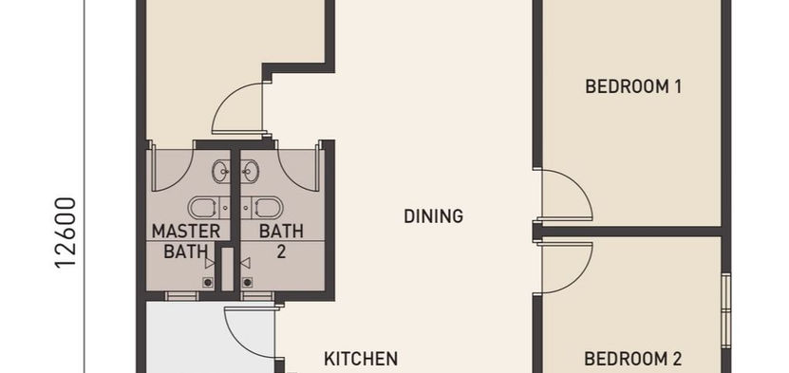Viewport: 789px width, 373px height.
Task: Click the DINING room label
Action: (433, 216)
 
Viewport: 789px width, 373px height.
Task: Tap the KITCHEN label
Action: (361, 359)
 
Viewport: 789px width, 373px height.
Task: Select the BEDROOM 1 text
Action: (633, 86)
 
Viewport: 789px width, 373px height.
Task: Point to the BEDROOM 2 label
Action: (633, 359)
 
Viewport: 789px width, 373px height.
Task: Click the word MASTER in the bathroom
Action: (186, 232)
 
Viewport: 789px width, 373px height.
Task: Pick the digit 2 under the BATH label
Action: (281, 252)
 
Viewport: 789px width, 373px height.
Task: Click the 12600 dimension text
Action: (66, 233)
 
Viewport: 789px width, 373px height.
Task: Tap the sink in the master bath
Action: (222, 172)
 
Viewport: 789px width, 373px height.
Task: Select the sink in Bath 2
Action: (249, 172)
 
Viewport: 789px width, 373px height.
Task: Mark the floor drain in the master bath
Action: (207, 283)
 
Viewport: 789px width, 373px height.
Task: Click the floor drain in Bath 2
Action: (247, 283)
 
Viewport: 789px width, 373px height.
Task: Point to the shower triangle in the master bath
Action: (210, 263)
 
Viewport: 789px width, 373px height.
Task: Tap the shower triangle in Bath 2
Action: (245, 263)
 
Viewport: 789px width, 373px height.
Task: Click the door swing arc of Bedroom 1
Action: (576, 180)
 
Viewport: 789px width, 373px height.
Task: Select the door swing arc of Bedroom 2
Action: (576, 281)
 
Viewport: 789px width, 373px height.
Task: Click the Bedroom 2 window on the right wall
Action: (725, 310)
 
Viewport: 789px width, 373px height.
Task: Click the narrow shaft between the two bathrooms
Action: (228, 269)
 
